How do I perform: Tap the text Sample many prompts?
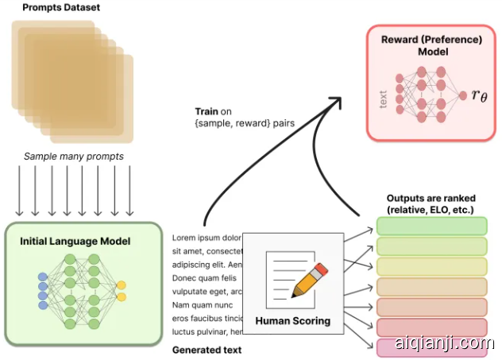[72, 157]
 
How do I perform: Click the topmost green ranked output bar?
[431, 226]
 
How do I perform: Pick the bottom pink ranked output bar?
[431, 347]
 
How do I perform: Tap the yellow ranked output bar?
[431, 266]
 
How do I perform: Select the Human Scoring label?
[292, 322]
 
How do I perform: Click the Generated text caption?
[207, 350]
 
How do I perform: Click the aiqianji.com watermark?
[449, 343]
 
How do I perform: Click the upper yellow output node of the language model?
[121, 285]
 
